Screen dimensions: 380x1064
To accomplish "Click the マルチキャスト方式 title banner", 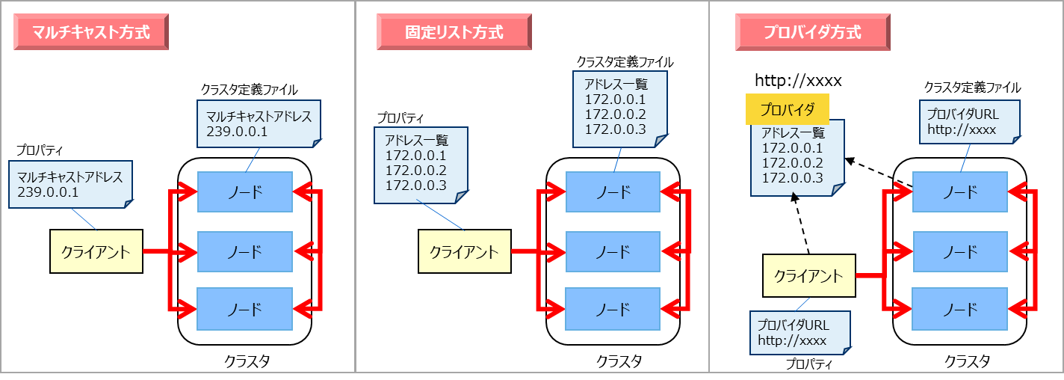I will (92, 33).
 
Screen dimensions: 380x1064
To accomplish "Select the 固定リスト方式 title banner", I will (454, 33).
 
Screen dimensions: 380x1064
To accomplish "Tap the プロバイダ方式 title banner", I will (812, 33).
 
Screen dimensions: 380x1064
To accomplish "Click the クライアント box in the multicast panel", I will (96, 251).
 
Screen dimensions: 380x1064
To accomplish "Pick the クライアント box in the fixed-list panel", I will (463, 251).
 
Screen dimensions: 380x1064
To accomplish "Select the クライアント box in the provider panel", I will (808, 276).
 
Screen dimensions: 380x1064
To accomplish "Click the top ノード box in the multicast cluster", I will (244, 192).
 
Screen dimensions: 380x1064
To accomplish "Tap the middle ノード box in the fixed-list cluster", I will (613, 251).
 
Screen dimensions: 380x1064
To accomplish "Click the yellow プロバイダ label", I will (788, 111).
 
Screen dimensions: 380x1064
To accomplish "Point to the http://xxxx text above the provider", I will (797, 80).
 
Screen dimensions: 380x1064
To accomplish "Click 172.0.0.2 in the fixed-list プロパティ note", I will (415, 171).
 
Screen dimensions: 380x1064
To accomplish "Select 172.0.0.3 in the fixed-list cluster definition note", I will (614, 129).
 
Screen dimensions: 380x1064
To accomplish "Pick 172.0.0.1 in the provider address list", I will (792, 148).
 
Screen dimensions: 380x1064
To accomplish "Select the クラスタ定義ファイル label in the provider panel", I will (972, 88).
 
